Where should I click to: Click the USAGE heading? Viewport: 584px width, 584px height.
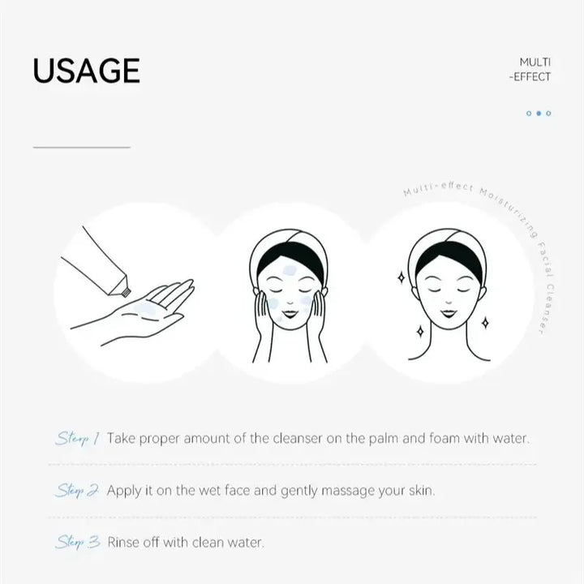(86, 71)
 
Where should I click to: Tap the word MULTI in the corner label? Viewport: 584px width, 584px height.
(535, 62)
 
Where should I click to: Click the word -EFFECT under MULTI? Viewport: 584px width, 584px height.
(530, 77)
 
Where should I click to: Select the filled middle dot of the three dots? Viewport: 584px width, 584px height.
(539, 114)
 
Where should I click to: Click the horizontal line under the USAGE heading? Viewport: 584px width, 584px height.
(81, 148)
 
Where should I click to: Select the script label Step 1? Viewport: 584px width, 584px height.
(77, 439)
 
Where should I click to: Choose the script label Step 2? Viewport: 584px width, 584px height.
(78, 491)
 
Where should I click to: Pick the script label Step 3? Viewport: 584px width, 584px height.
(78, 542)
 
